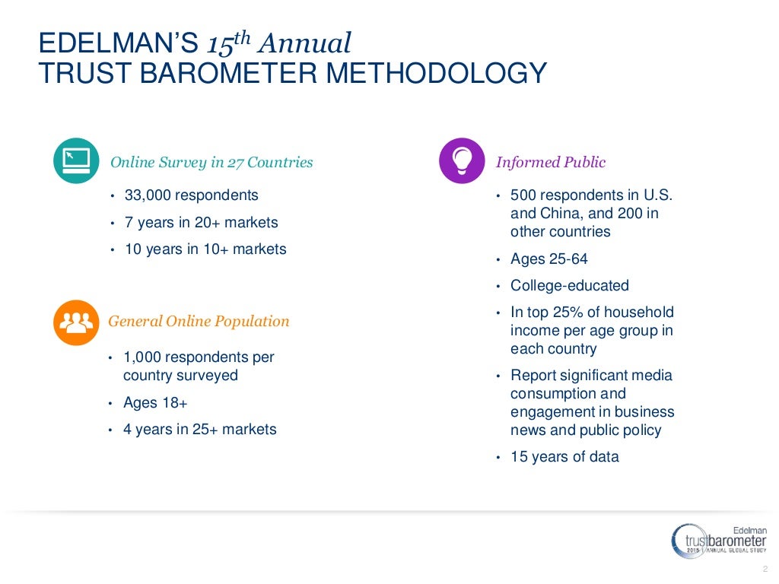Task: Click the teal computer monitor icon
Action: point(76,160)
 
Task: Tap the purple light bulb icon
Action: point(462,160)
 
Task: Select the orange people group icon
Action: point(76,322)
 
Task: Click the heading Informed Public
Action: point(550,162)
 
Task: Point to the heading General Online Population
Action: point(199,321)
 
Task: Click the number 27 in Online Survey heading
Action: point(235,162)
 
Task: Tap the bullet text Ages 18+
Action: point(155,403)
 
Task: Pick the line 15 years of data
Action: point(564,457)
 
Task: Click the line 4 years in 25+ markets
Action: point(199,430)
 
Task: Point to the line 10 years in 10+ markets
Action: point(205,249)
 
